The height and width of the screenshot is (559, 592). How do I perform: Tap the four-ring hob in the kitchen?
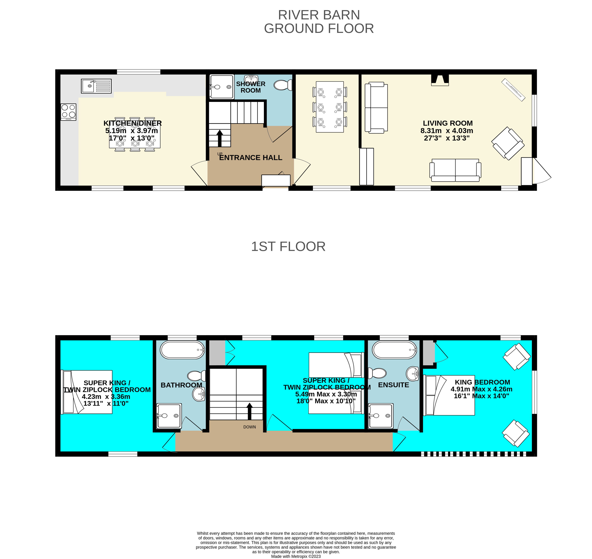tap(68, 112)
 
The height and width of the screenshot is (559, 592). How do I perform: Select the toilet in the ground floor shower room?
tap(282, 85)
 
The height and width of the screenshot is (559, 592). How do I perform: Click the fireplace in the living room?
tap(440, 80)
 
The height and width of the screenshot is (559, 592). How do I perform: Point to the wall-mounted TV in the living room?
tap(513, 90)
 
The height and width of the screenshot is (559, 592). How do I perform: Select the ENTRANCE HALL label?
tap(251, 158)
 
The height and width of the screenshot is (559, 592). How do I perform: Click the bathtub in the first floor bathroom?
tap(182, 350)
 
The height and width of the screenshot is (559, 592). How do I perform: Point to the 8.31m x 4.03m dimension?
tap(447, 130)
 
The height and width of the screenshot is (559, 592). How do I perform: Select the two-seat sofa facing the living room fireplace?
tap(455, 170)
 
